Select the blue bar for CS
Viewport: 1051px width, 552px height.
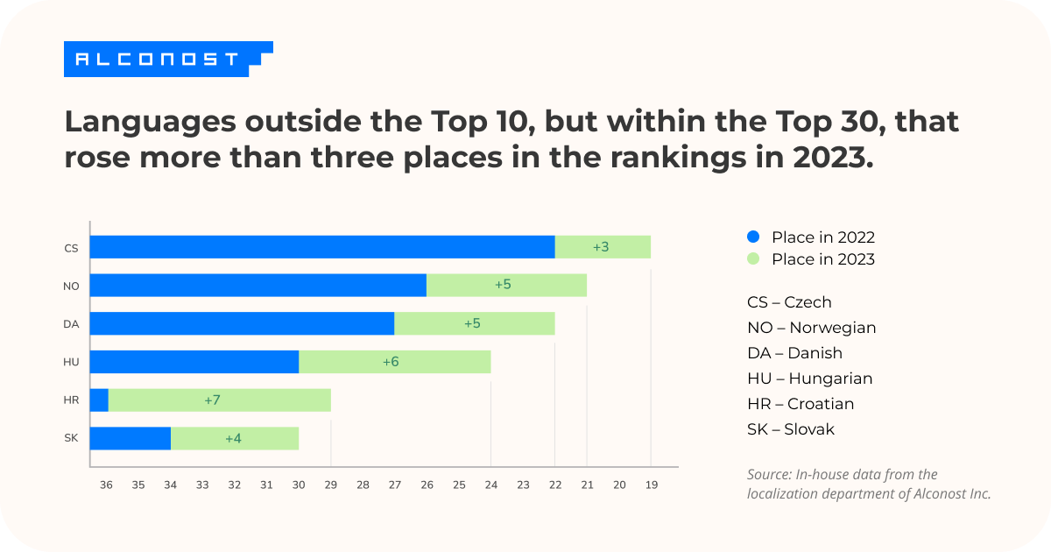click(322, 247)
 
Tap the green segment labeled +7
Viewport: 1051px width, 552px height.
click(219, 400)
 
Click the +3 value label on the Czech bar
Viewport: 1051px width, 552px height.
click(601, 247)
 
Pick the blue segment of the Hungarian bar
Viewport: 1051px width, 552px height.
click(194, 362)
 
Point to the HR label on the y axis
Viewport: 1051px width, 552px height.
click(71, 400)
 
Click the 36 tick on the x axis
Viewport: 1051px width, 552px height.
click(106, 484)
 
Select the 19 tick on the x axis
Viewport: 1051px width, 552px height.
click(651, 484)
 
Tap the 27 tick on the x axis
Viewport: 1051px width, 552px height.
click(394, 484)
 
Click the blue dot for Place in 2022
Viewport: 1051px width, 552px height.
click(753, 237)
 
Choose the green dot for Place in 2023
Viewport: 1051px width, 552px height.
click(753, 259)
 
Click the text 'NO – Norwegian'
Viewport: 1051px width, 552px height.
click(811, 328)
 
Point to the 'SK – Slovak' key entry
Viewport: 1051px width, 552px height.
click(790, 429)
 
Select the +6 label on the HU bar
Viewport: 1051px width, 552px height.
click(391, 362)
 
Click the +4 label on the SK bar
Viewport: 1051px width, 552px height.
click(233, 439)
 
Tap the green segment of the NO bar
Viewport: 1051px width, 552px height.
click(506, 286)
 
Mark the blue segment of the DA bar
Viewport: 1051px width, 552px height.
click(242, 323)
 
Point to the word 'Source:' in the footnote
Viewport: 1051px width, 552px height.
click(769, 475)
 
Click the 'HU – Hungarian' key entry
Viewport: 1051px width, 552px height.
click(809, 379)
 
